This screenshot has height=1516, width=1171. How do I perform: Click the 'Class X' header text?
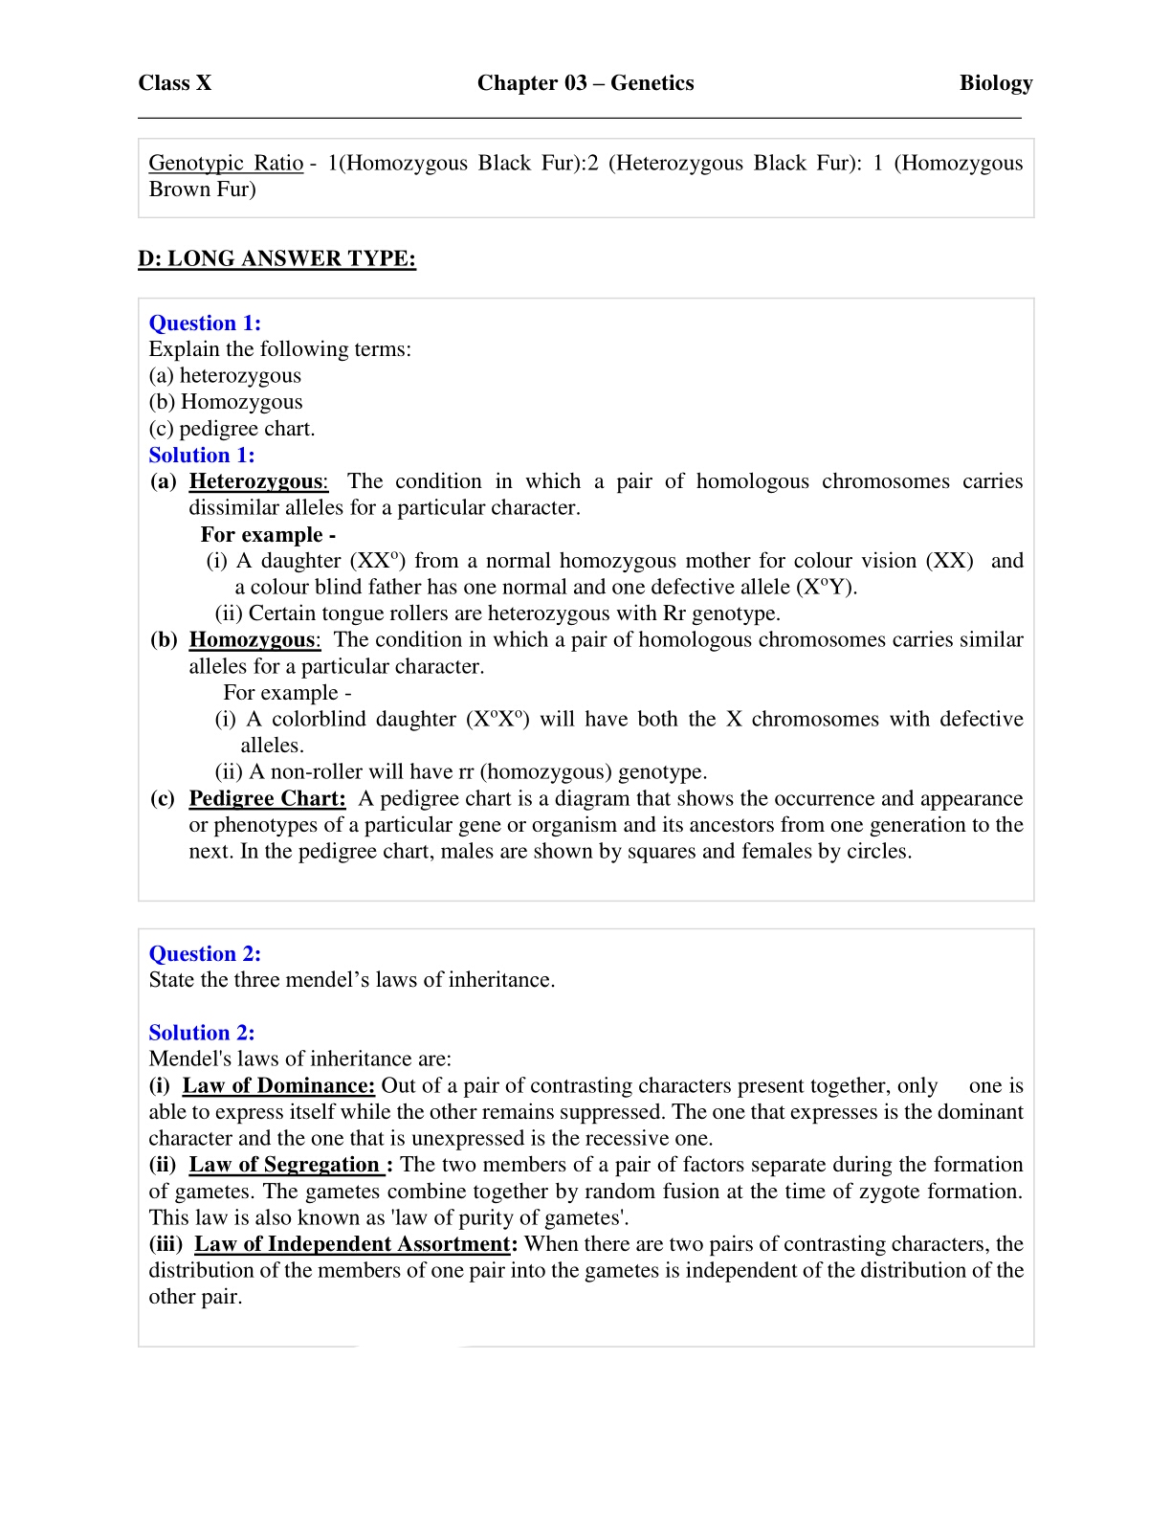click(174, 83)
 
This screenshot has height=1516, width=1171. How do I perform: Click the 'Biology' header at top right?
click(995, 83)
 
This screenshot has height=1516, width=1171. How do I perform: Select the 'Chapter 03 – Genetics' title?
click(585, 83)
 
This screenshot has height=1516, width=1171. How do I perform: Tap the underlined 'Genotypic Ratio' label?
click(226, 163)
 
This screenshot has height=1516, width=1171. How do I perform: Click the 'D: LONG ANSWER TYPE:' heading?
click(276, 258)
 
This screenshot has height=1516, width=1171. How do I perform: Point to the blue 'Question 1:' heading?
click(205, 323)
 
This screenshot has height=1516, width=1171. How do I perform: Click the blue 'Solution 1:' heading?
click(202, 456)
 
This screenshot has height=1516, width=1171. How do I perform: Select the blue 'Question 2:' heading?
click(205, 954)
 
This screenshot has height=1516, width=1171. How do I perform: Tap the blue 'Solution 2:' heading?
click(202, 1033)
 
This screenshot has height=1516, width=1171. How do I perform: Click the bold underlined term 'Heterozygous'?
click(256, 481)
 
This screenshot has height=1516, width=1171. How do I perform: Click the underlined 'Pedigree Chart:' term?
click(267, 799)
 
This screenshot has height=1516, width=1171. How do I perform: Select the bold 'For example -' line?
click(268, 535)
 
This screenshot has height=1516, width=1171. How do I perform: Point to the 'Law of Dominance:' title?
click(278, 1086)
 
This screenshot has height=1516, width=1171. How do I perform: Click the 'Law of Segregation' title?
click(284, 1165)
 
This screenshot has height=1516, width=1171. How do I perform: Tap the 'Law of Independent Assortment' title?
click(352, 1244)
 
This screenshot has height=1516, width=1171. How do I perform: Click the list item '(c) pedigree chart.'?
click(232, 429)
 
